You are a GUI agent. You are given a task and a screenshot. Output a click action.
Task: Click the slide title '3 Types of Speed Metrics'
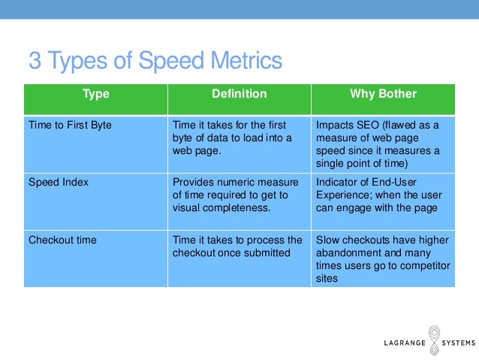tap(155, 59)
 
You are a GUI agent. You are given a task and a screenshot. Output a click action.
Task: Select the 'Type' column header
tap(95, 95)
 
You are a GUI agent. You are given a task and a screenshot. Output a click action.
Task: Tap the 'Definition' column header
tap(239, 95)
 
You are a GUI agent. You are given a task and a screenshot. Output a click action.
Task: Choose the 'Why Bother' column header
tap(383, 95)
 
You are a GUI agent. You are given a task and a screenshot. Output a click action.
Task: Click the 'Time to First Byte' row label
tap(70, 125)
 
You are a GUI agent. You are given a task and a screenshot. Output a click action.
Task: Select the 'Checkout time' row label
tap(63, 241)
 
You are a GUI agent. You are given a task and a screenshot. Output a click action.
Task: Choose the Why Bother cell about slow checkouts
tap(382, 259)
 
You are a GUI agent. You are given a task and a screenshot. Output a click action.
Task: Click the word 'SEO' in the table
tap(368, 125)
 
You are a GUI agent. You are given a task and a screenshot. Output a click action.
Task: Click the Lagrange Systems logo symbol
tap(435, 337)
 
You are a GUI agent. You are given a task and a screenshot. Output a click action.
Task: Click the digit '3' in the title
tap(35, 59)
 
